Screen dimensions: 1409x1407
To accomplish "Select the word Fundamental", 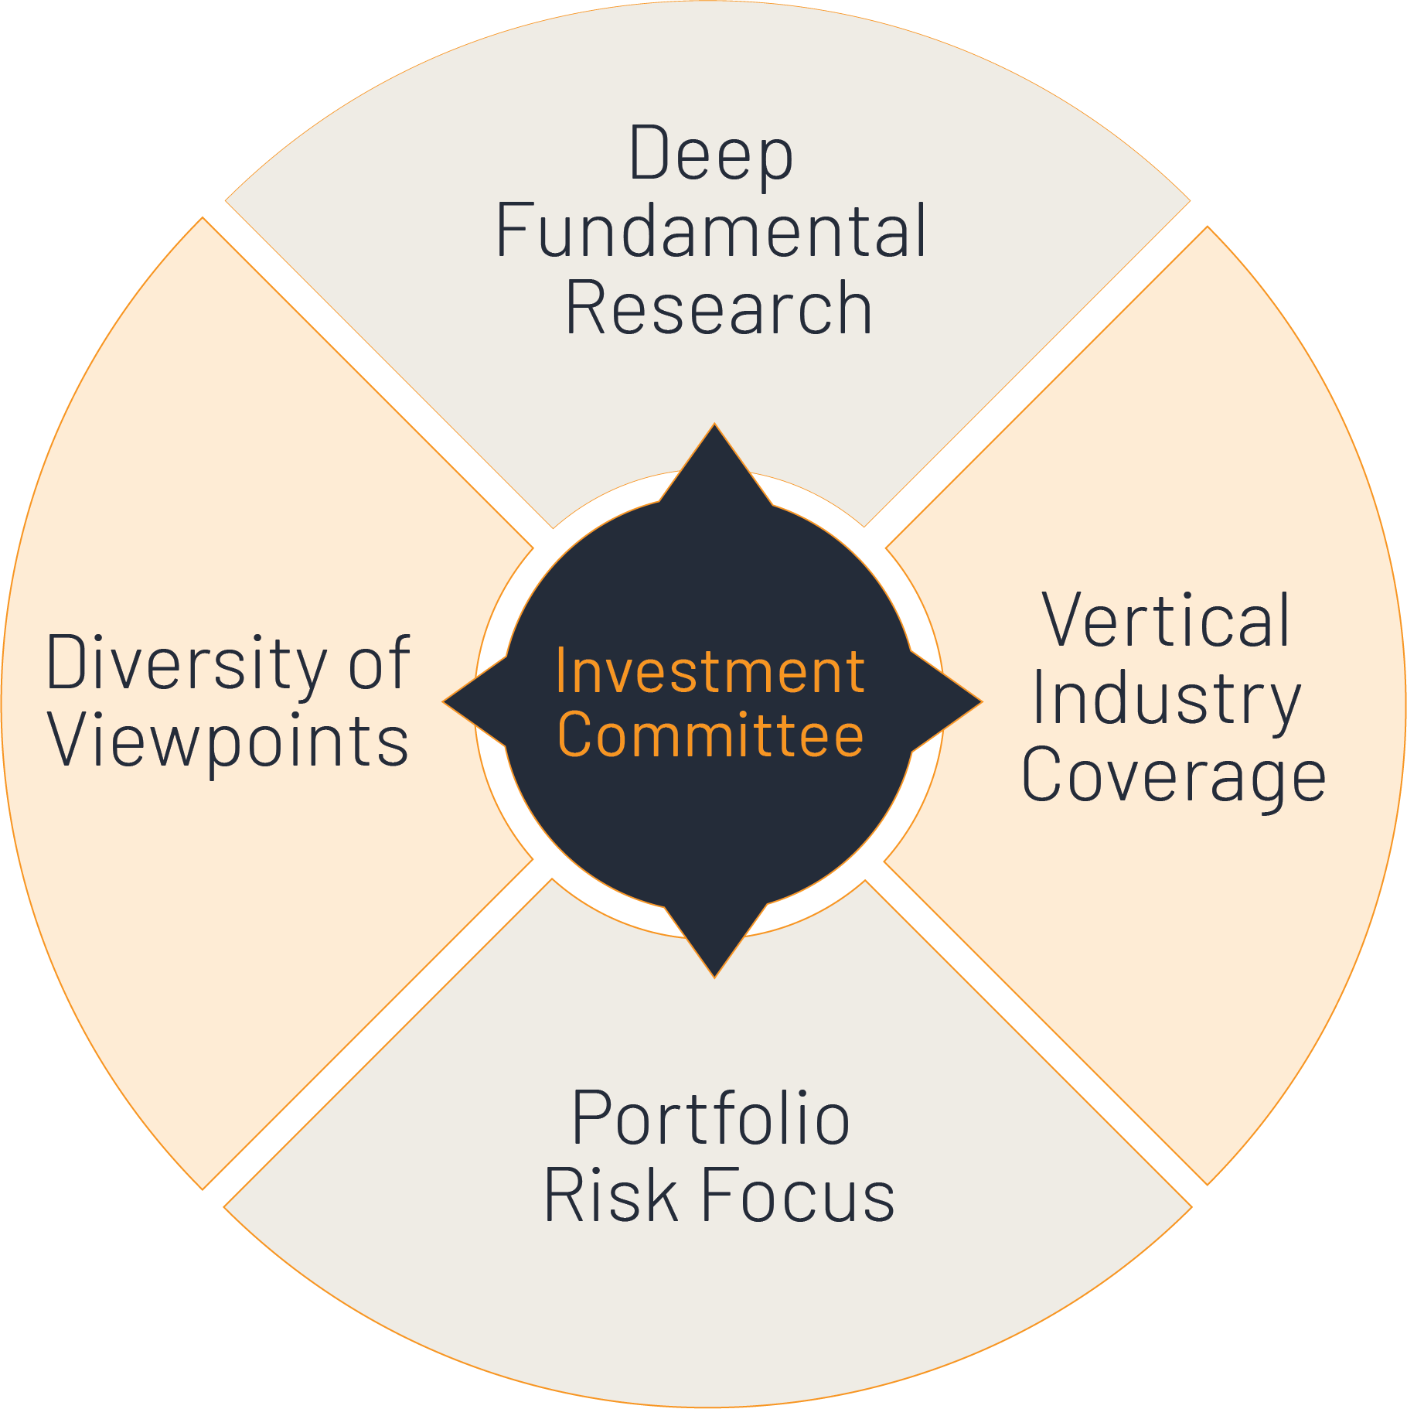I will point(711,230).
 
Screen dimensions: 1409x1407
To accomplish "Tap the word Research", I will point(719,308).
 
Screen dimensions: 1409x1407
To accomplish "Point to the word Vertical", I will point(1166,620).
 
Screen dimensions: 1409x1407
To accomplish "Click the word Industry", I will point(1166,699).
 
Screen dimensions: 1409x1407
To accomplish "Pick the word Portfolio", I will point(711,1118).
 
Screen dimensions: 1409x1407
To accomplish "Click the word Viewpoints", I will point(229,741).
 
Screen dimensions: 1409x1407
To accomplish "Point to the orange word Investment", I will point(710,671).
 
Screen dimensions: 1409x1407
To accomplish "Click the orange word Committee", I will point(710,735).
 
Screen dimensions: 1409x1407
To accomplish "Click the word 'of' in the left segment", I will point(379,664).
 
